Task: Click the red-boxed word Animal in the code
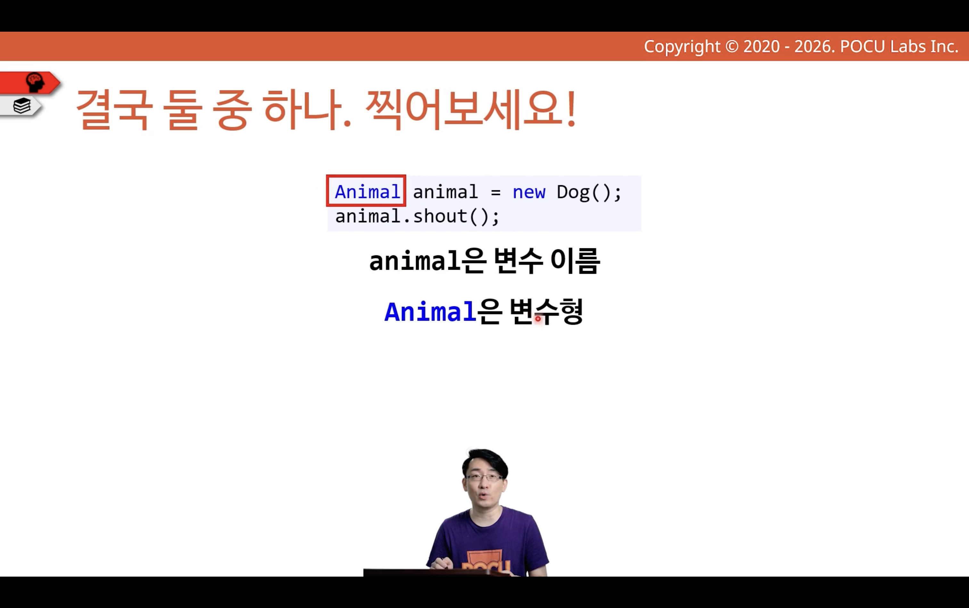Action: click(367, 192)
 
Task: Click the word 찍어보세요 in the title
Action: click(471, 109)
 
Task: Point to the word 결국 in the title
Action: click(114, 109)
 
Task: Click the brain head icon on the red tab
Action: click(35, 82)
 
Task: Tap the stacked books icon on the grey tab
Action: click(22, 106)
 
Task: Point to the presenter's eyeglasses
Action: click(484, 478)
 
